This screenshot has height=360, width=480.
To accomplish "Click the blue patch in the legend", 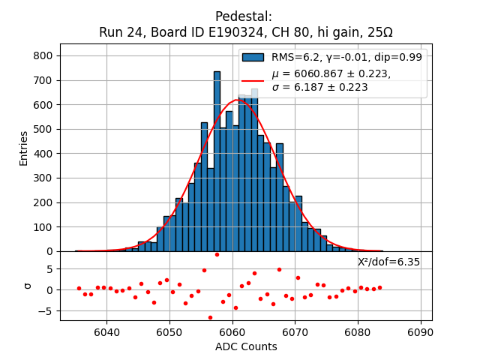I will (253, 57).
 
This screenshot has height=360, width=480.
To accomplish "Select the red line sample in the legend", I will (253, 80).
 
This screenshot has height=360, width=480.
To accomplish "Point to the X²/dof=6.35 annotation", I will (388, 262).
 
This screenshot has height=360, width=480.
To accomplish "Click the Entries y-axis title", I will (24, 148).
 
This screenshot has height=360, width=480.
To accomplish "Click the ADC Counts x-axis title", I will (245, 346).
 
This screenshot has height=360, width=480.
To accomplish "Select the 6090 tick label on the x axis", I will (420, 331).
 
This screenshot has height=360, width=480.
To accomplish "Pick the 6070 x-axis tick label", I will (295, 331).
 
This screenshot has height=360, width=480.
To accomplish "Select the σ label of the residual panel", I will (28, 285).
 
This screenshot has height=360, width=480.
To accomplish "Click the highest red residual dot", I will (217, 254).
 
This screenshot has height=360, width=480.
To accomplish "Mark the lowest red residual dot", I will (210, 317).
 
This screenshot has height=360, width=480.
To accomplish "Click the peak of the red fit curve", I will (236, 100).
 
